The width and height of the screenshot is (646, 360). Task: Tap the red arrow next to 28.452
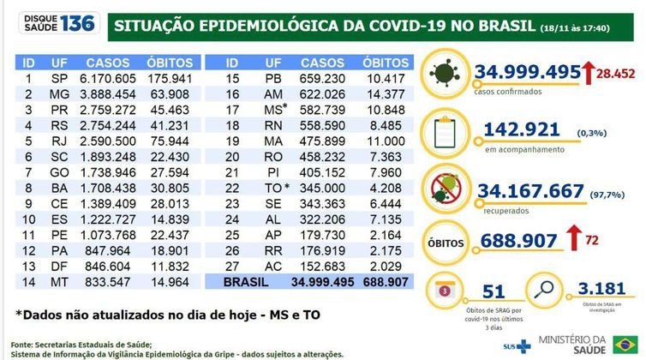590,75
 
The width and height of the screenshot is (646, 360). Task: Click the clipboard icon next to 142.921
447,133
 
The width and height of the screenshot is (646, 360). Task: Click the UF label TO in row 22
271,209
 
